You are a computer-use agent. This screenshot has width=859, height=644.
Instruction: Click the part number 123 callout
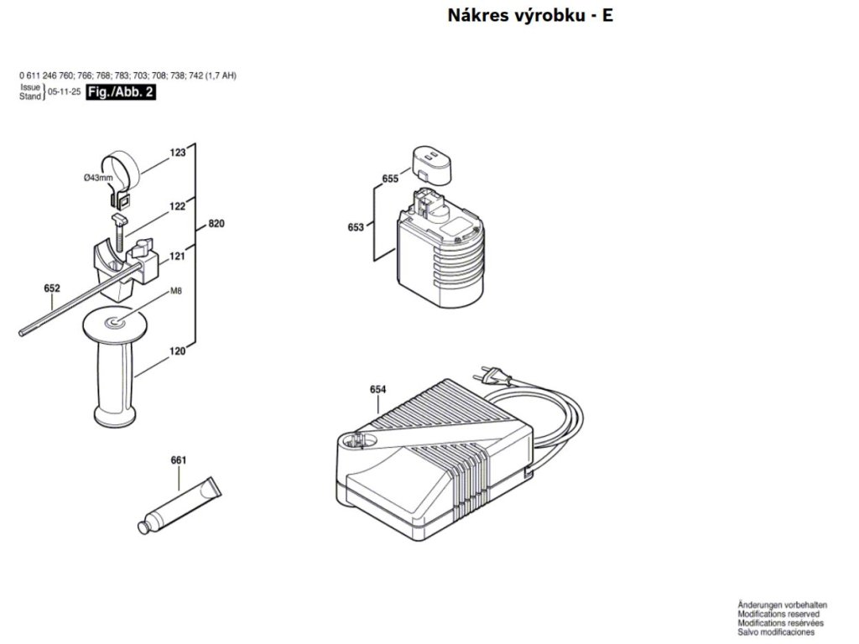click(x=177, y=153)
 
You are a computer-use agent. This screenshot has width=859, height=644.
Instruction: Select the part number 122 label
click(x=177, y=205)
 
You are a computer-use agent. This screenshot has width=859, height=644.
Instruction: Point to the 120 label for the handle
click(x=177, y=351)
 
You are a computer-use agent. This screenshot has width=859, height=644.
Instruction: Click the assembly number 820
click(x=216, y=224)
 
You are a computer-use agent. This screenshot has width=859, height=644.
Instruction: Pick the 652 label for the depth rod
click(x=52, y=288)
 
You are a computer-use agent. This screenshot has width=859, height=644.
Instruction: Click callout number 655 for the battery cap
click(x=389, y=179)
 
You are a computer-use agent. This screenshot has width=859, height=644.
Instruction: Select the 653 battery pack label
click(x=355, y=227)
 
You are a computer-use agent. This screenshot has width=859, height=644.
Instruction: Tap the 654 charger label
click(x=377, y=389)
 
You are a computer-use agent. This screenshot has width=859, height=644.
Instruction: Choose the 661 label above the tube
click(x=178, y=460)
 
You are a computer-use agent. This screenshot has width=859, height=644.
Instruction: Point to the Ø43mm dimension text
click(x=98, y=178)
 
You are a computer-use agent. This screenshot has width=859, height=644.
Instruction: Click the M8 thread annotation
click(x=176, y=291)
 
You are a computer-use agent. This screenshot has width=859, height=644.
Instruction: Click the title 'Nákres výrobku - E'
click(x=530, y=16)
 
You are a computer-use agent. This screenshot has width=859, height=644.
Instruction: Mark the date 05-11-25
click(x=65, y=93)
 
